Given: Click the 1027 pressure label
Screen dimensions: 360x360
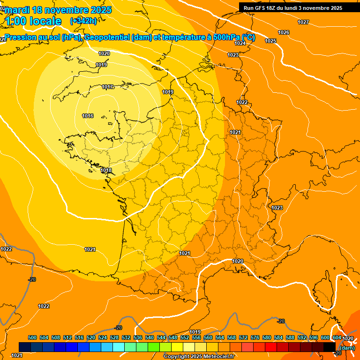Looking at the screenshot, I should click(x=303, y=22).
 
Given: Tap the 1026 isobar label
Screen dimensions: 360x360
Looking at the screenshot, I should click(x=284, y=32).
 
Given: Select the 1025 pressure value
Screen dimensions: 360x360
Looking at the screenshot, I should click(x=270, y=41).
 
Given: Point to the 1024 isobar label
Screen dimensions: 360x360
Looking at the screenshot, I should click(x=240, y=43).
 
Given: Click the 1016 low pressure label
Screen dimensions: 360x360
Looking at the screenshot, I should click(x=88, y=116).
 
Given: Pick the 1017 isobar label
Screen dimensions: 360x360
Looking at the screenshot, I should click(x=107, y=87).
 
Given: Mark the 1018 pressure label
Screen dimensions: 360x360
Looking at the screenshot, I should click(x=106, y=170).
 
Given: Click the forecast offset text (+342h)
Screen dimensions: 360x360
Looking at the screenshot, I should click(x=83, y=21).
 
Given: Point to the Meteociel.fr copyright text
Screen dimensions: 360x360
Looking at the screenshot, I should click(x=199, y=357).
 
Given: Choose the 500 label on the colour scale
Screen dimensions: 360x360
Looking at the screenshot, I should click(x=32, y=337).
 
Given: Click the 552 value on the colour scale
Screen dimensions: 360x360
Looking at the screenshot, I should click(x=185, y=337).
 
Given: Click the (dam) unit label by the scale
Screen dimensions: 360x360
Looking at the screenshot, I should click(x=347, y=348).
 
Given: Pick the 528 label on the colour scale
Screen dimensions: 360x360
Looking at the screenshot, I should click(x=114, y=337).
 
